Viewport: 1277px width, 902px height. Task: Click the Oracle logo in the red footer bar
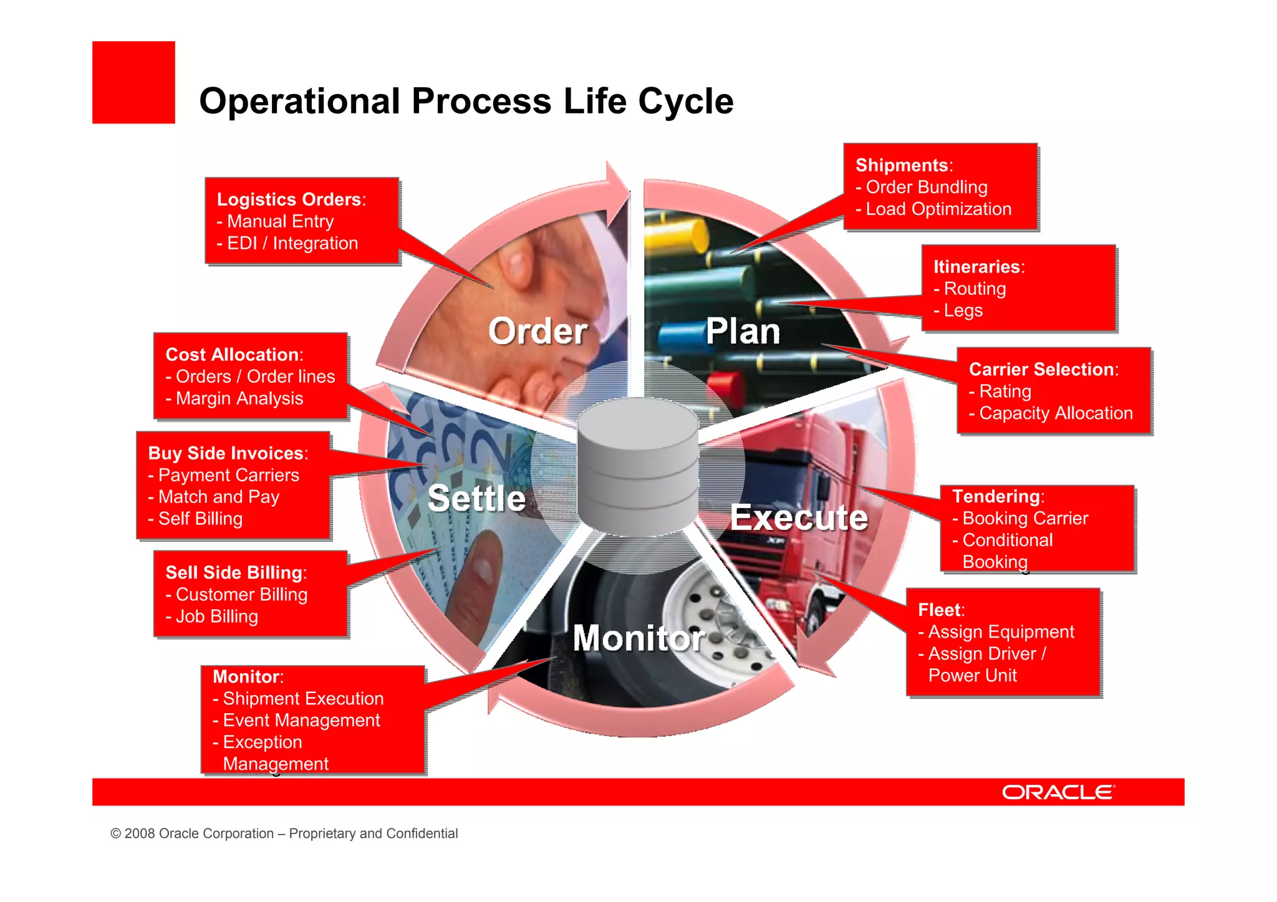[1058, 792]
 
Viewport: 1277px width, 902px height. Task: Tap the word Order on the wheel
[537, 331]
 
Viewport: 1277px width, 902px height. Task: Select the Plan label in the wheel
[743, 331]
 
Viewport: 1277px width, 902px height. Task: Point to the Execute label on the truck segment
[799, 517]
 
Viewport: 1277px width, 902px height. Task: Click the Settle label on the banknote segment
[477, 498]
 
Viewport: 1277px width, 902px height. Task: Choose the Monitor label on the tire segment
[638, 638]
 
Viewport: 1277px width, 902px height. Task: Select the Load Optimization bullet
[938, 209]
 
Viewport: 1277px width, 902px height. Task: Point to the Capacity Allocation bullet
[1055, 413]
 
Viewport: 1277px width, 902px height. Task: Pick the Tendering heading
[997, 496]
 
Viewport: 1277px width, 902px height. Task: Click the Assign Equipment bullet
[1000, 631]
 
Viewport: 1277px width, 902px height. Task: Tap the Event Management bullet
[301, 720]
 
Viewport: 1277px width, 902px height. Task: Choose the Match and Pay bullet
[218, 497]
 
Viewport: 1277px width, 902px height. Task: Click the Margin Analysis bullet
[239, 398]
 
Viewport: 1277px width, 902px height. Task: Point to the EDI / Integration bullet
[292, 243]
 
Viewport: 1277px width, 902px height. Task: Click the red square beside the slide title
[133, 82]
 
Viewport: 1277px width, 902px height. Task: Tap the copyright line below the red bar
[284, 833]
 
